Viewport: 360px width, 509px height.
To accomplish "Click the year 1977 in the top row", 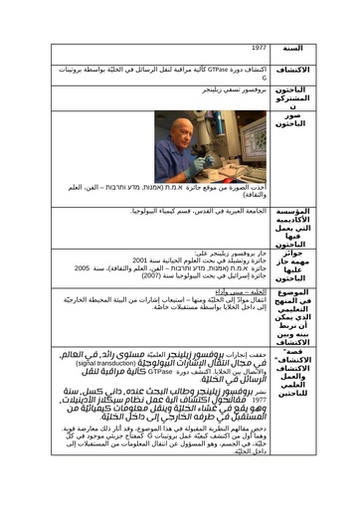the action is tap(259, 47).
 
